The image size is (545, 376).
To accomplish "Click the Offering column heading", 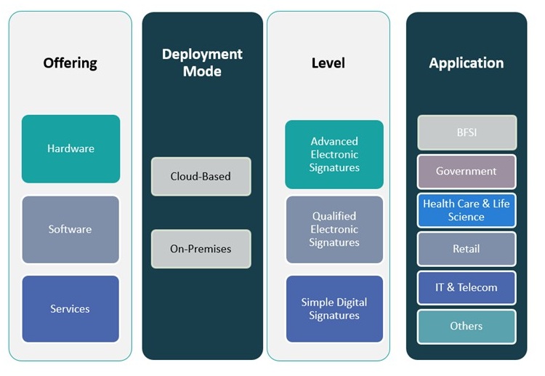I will (70, 63).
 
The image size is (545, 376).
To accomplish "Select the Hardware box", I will (70, 148).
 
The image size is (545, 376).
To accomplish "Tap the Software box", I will (70, 229).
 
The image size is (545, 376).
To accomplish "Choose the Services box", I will (70, 308).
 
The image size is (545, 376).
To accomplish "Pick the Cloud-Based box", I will (201, 176).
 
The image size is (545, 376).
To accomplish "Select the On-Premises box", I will (201, 249).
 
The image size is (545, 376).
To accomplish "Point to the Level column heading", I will (328, 63).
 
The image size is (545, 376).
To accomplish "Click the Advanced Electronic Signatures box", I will (334, 154).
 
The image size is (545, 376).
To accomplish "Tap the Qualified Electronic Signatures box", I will (334, 229).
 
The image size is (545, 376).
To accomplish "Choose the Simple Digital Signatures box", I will (334, 308).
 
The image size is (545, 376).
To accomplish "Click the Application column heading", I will (466, 63).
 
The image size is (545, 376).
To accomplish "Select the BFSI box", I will (467, 132).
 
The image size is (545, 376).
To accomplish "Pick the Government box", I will (467, 172).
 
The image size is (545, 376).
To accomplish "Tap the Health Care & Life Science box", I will (467, 210).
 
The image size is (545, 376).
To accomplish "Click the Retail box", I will (467, 249).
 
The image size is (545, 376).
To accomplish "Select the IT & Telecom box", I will (467, 287).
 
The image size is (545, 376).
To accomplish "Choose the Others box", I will (467, 326).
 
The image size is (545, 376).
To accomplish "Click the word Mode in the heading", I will (202, 71).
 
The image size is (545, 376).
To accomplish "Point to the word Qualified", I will (334, 216).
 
